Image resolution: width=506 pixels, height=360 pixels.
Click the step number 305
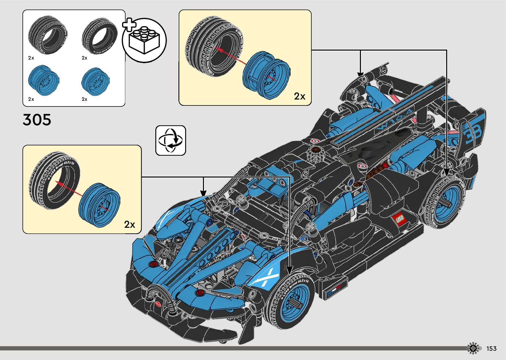point(37,120)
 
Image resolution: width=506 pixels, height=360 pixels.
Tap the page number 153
point(491,348)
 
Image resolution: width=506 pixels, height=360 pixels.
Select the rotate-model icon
point(171,140)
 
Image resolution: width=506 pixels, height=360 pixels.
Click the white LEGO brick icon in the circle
point(144,40)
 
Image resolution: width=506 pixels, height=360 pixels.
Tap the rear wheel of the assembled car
point(445,202)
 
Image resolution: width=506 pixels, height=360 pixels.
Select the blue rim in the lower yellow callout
point(99,205)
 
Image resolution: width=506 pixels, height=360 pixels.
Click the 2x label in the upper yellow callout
point(299,96)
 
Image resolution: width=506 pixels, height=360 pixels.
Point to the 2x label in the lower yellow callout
point(130,224)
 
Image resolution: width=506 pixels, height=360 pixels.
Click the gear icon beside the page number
point(473,348)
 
